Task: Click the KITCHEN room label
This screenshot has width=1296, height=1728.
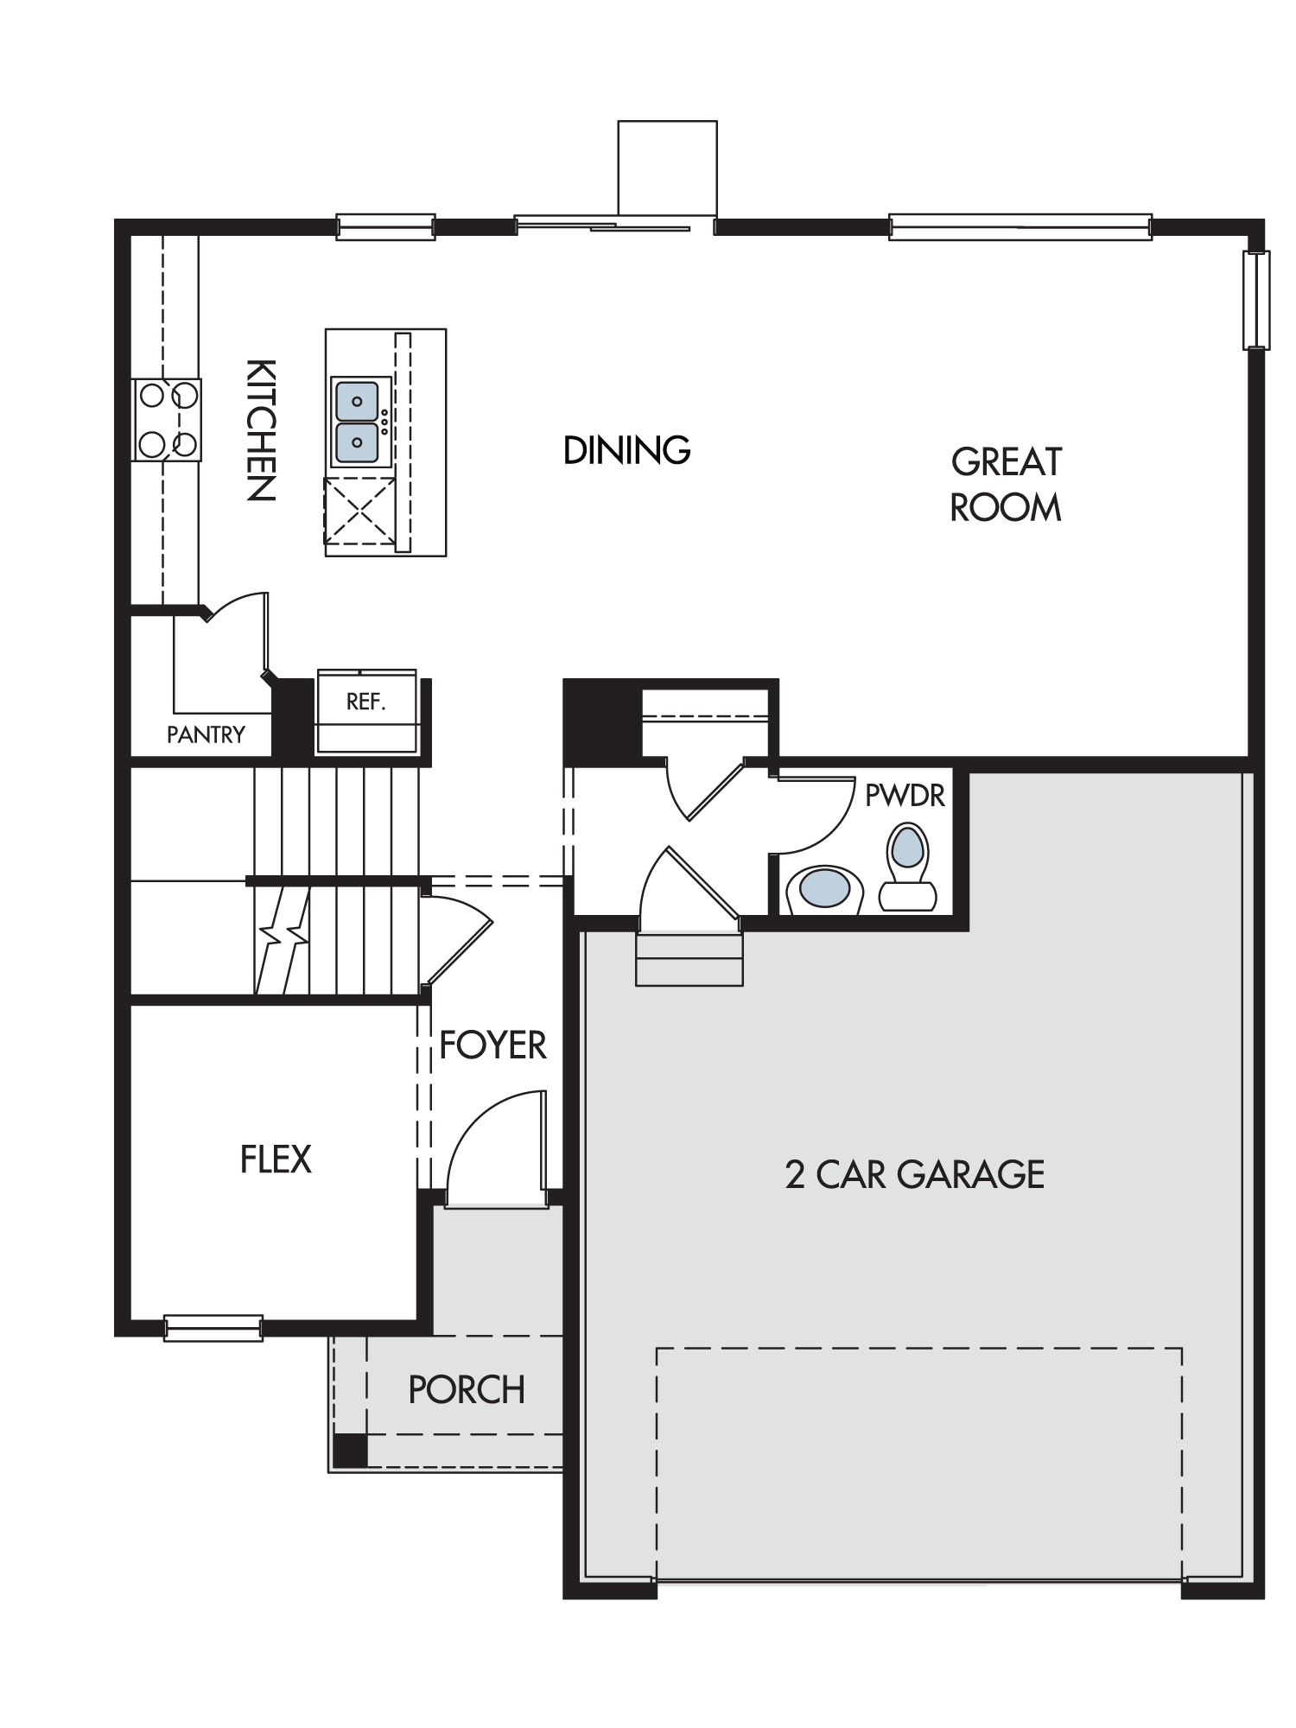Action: pos(261,429)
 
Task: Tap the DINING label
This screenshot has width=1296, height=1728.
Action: pos(626,450)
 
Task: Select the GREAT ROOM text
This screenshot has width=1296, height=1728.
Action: pos(1006,485)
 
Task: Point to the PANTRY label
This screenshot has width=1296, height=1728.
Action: pos(206,734)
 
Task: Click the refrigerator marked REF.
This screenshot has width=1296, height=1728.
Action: pos(366,710)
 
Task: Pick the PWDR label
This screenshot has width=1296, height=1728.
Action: pos(905,795)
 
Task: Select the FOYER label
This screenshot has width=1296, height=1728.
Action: pos(492,1045)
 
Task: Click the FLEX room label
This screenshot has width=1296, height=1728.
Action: pos(276,1159)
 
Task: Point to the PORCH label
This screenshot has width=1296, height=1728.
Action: pos(467,1389)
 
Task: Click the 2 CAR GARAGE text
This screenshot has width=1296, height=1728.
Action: pos(915,1175)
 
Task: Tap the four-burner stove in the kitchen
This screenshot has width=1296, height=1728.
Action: pos(167,419)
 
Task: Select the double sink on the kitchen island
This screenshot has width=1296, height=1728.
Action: pos(357,422)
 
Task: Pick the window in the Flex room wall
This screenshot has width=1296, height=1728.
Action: pos(213,1328)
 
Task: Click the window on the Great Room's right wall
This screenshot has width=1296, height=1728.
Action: pos(1256,300)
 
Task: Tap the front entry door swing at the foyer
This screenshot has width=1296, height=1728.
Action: pos(496,1145)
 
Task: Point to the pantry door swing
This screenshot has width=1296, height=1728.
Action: pos(239,631)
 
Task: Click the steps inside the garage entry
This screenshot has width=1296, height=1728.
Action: pos(689,959)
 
